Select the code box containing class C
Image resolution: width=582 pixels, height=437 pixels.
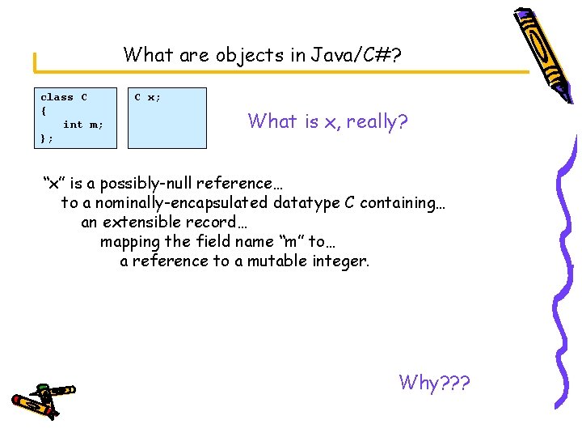pyautogui.click(x=78, y=118)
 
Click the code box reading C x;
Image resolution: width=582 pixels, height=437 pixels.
pyautogui.click(x=167, y=118)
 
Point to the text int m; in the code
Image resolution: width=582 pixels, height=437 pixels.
pyautogui.click(x=82, y=125)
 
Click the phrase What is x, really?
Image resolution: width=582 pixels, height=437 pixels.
pyautogui.click(x=327, y=122)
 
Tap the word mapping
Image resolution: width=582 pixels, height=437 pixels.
pyautogui.click(x=129, y=241)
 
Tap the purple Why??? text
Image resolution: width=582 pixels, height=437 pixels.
pyautogui.click(x=434, y=382)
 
